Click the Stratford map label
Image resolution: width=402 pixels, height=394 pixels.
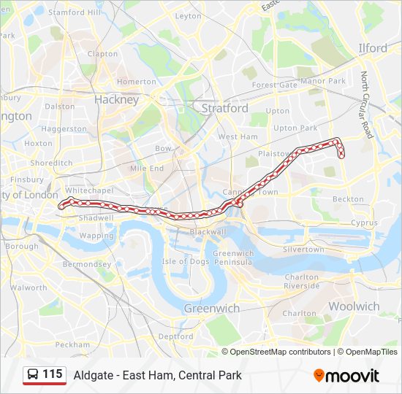224,108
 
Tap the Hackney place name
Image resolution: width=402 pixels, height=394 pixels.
116,100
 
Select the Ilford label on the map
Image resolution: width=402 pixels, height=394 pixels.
373,48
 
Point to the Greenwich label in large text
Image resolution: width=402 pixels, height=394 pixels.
211,308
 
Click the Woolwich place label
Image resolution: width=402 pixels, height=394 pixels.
354,306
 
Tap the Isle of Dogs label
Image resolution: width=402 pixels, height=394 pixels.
186,261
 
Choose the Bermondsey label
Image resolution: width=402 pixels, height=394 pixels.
86,264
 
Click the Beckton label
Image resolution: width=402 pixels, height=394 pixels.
348,198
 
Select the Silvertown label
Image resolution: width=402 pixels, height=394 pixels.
303,250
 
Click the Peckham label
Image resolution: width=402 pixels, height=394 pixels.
72,344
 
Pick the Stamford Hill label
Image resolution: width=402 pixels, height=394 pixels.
75,12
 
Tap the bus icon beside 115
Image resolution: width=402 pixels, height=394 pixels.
32,375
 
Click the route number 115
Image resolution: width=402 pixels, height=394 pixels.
52,374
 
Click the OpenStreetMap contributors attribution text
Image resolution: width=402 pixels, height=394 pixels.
281,352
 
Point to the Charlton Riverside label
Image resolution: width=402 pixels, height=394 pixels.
301,282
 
